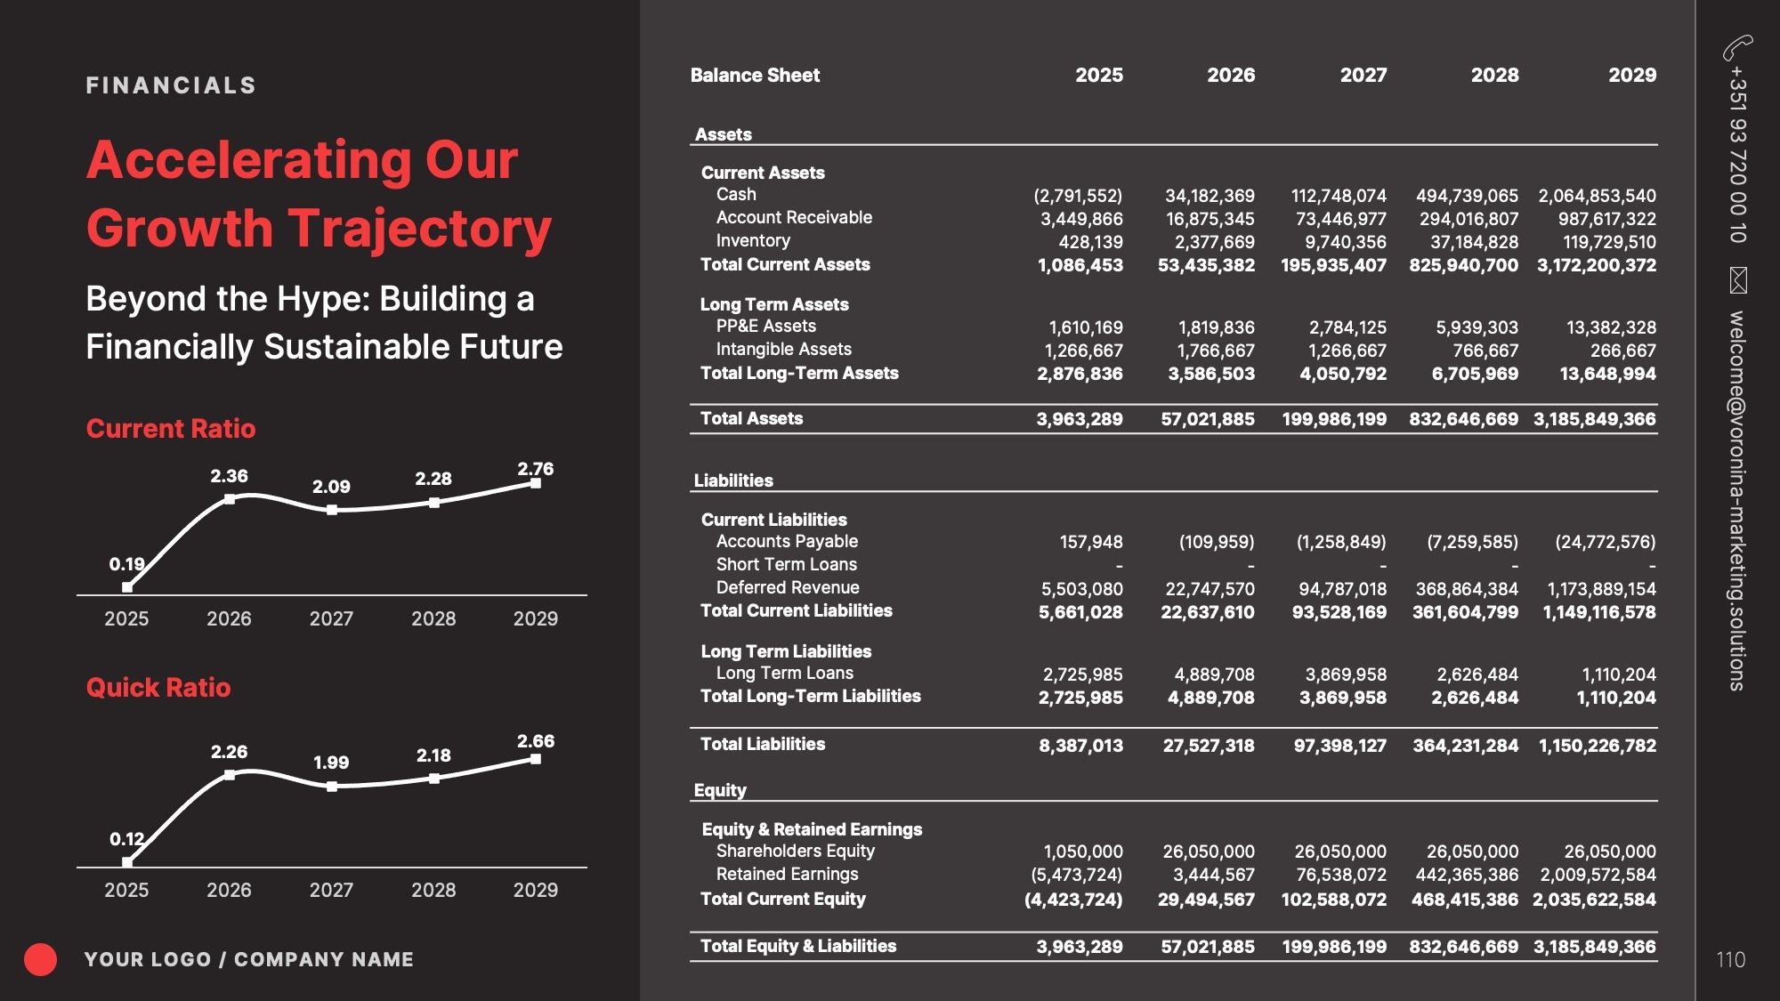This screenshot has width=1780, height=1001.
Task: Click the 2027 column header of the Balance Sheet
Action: [x=1363, y=75]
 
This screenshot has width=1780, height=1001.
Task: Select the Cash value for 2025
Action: [x=1078, y=195]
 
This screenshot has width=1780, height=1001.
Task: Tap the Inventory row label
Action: [x=753, y=240]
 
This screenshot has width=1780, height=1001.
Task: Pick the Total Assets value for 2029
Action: [x=1595, y=418]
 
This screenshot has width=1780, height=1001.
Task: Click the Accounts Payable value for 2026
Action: [x=1217, y=542]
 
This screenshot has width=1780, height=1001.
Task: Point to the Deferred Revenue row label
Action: [x=788, y=587]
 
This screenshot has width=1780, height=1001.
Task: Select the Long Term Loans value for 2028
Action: [x=1477, y=674]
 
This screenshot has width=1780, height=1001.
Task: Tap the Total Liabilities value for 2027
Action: [x=1340, y=745]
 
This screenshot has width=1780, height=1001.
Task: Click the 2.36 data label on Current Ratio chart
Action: [x=229, y=476]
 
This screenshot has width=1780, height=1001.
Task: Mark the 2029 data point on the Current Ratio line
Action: [x=535, y=483]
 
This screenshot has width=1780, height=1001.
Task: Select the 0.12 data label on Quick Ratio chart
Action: [x=126, y=839]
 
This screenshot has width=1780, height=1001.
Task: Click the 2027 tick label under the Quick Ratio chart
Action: [x=331, y=890]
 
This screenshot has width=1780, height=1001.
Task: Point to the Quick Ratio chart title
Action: [x=158, y=687]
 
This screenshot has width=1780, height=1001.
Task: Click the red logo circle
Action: [x=40, y=959]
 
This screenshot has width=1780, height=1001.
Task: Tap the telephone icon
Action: [x=1737, y=46]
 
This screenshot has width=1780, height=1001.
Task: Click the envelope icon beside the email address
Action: [x=1737, y=279]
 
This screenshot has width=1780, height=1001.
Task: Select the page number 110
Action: [x=1730, y=959]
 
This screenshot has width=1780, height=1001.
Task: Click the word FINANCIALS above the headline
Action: [x=171, y=85]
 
